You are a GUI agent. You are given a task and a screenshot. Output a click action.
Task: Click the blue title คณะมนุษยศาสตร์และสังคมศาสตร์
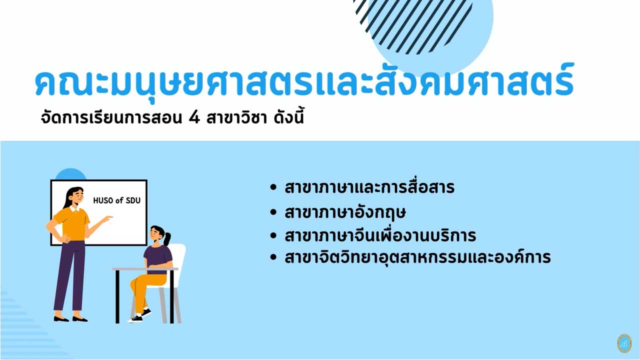pyautogui.click(x=304, y=81)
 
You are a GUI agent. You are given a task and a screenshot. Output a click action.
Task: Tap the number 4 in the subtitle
pyautogui.click(x=194, y=118)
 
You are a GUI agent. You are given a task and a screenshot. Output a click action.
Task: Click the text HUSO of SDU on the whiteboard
pyautogui.click(x=117, y=200)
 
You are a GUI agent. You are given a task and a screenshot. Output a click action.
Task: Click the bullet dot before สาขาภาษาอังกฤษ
pyautogui.click(x=273, y=212)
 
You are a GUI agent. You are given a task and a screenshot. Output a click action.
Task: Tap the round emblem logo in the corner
pyautogui.click(x=624, y=343)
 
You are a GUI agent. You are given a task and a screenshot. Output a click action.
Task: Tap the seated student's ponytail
pyautogui.click(x=166, y=238)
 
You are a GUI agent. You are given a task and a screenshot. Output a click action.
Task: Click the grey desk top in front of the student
pyautogui.click(x=145, y=269)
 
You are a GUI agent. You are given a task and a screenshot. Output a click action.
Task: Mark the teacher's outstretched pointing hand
pyautogui.click(x=107, y=218)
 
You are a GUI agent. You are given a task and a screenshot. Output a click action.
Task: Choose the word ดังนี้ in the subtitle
pyautogui.click(x=289, y=117)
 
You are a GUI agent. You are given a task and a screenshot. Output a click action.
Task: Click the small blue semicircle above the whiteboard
pyautogui.click(x=70, y=174)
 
